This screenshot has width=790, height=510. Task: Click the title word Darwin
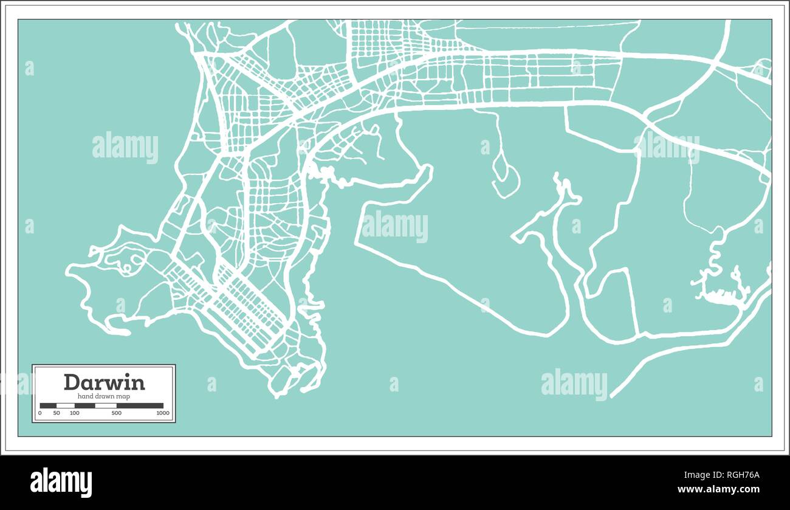click(104, 382)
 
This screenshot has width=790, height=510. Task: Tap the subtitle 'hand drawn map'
click(104, 396)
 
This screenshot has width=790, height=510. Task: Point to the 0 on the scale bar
click(40, 413)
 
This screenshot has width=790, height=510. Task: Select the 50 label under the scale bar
click(57, 413)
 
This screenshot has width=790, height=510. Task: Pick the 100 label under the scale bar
click(74, 413)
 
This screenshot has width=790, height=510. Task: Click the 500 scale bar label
click(117, 413)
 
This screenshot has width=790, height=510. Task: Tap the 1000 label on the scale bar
click(162, 413)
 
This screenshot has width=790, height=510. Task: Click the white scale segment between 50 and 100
click(66, 405)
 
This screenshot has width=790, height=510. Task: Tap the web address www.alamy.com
click(719, 489)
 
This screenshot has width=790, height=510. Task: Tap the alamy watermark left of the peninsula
click(125, 148)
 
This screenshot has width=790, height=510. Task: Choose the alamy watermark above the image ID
click(574, 384)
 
